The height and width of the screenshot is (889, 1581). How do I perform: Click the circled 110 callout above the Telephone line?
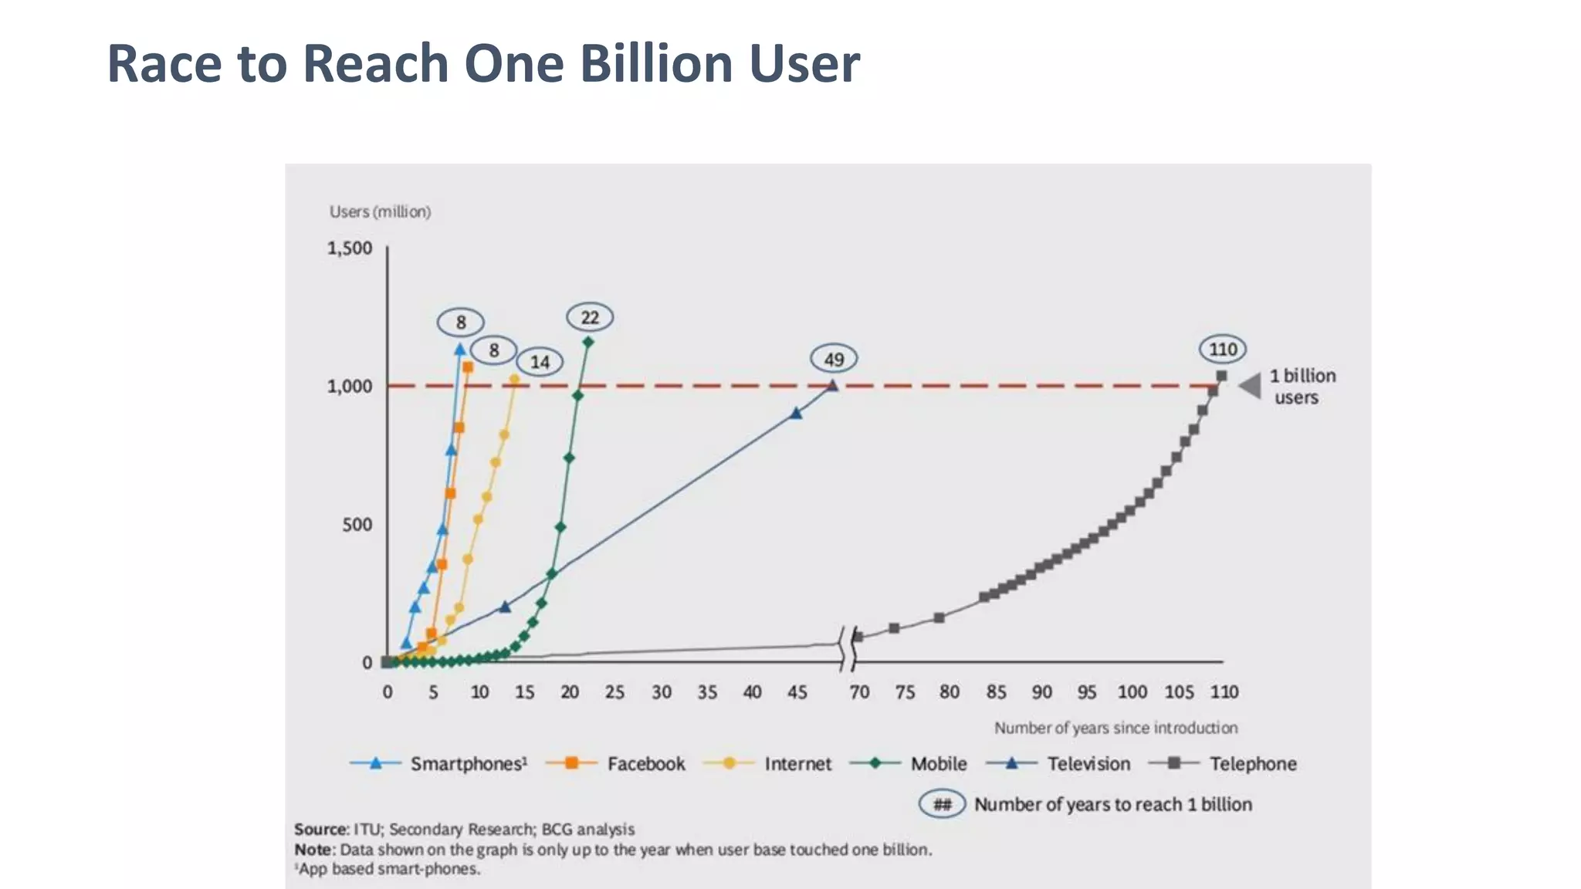pyautogui.click(x=1223, y=350)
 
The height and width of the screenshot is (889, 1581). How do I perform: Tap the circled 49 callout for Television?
pyautogui.click(x=834, y=360)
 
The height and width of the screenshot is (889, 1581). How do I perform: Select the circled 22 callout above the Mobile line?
pyautogui.click(x=590, y=317)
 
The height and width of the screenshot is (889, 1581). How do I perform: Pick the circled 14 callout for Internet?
pyautogui.click(x=540, y=362)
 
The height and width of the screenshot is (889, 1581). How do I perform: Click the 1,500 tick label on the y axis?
pyautogui.click(x=350, y=248)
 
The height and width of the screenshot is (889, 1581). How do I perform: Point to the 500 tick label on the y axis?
pyautogui.click(x=357, y=525)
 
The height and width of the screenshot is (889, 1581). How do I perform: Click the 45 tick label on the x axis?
pyautogui.click(x=797, y=692)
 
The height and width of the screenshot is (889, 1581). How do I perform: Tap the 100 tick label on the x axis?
pyautogui.click(x=1132, y=692)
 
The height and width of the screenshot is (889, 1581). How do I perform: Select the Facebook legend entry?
pyautogui.click(x=615, y=764)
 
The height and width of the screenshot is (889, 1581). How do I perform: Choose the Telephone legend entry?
pyautogui.click(x=1223, y=764)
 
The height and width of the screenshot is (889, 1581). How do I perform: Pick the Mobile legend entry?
pyautogui.click(x=909, y=764)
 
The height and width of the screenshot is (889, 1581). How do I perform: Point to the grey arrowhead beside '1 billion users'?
pyautogui.click(x=1251, y=385)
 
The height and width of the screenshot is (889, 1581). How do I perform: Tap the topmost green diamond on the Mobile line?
pyautogui.click(x=588, y=342)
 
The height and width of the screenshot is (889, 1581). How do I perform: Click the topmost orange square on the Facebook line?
pyautogui.click(x=468, y=367)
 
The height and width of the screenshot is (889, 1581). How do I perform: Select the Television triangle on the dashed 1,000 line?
pyautogui.click(x=832, y=385)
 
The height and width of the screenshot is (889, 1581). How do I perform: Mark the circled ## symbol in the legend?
pyautogui.click(x=942, y=805)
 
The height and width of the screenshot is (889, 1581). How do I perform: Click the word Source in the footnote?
pyautogui.click(x=320, y=830)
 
